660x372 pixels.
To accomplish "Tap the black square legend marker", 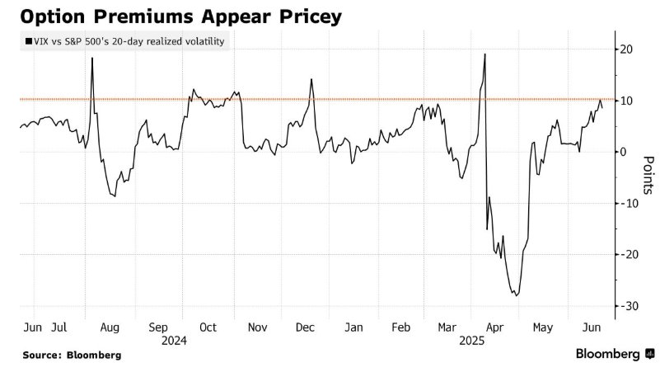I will (29, 41).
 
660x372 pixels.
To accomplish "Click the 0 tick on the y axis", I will (625, 152).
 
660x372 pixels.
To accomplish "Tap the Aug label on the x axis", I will (110, 327).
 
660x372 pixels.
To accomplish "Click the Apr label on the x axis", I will (495, 327).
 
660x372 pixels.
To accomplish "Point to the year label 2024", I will (175, 340).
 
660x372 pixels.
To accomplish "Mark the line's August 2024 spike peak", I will (91, 58).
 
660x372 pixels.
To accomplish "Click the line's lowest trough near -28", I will (517, 295).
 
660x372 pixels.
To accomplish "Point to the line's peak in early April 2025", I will (484, 54).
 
